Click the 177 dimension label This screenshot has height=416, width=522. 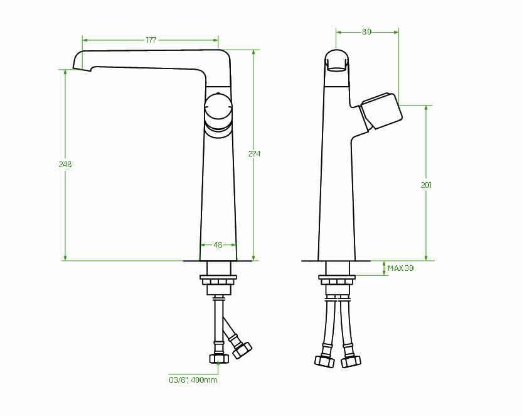(x=151, y=40)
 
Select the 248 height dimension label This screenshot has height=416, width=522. (x=65, y=165)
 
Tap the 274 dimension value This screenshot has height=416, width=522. (x=254, y=154)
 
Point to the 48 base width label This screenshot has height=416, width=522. (x=218, y=245)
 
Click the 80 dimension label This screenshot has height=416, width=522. (x=366, y=32)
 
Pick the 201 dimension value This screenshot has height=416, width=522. (x=426, y=185)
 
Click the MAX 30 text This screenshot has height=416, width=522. (x=400, y=268)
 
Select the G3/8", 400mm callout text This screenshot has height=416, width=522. (x=193, y=380)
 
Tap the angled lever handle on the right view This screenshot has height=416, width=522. (x=381, y=111)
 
